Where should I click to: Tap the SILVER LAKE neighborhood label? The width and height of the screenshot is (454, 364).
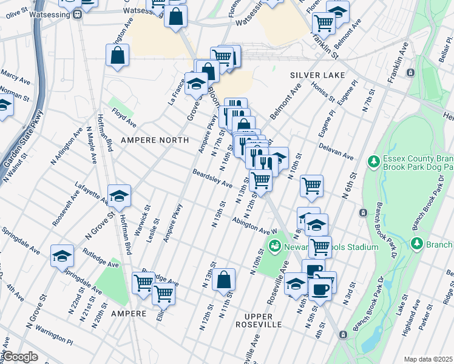(x=317, y=75)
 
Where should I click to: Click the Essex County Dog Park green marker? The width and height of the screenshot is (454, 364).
(x=374, y=161)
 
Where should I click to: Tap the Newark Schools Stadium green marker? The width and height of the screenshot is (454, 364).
(x=274, y=246)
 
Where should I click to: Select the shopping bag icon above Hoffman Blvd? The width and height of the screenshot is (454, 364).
(x=117, y=55)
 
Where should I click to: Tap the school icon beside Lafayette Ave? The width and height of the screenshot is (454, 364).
(x=120, y=195)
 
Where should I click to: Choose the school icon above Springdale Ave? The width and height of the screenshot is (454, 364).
(x=61, y=255)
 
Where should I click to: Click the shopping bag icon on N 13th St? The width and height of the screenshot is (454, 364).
(x=224, y=280)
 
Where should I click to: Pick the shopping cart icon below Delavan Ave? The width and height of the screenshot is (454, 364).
(x=311, y=186)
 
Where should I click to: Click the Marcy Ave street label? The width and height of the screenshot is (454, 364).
(x=14, y=76)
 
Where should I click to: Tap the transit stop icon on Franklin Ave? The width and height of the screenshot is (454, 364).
(x=411, y=73)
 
